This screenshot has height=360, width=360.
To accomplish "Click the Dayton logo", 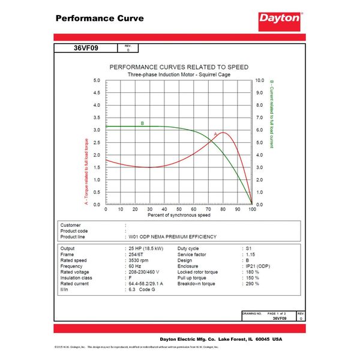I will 279,18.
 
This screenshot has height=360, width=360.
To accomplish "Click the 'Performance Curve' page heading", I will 100,18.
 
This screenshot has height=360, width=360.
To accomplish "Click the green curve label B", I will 142,124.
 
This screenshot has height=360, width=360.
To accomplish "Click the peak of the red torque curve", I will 223,133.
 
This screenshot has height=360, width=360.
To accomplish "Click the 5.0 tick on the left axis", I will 97,80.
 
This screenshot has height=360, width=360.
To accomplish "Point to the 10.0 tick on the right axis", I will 260,80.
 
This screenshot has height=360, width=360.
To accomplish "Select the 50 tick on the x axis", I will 179,209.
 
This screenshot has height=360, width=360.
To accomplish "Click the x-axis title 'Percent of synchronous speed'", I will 179,215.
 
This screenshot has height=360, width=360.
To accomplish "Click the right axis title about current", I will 271,114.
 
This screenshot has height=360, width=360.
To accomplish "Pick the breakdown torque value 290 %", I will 253,284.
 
